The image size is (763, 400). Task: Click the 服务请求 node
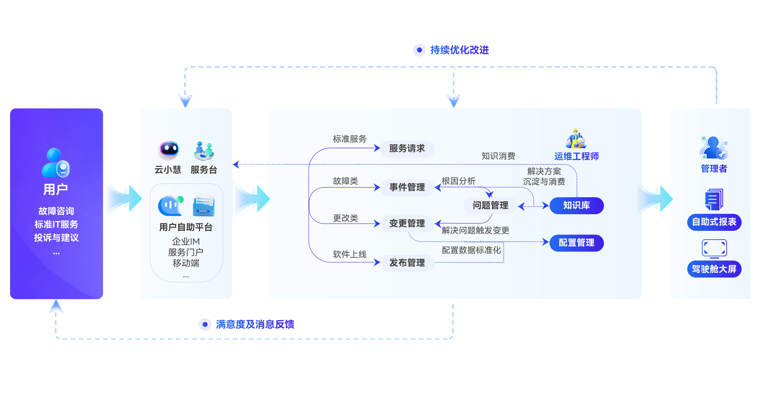point(407,148)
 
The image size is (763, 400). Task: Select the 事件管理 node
point(407,187)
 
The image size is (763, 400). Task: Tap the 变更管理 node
point(407,223)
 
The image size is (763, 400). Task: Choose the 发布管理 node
point(407,263)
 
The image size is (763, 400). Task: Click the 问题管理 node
point(490,206)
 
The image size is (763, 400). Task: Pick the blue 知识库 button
point(576,206)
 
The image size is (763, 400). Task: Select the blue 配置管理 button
point(576,243)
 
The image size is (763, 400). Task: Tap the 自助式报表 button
point(714,222)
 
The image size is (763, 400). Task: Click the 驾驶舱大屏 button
point(714,269)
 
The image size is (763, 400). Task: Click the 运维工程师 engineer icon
point(576,139)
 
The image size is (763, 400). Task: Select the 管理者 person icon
point(713,148)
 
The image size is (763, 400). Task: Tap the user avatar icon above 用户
point(55,163)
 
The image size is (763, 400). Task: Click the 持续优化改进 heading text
point(459,50)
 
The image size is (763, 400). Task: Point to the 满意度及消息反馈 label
point(255,324)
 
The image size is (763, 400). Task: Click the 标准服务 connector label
point(349,139)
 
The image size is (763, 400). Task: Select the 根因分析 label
point(458,181)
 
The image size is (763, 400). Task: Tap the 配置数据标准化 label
point(471,250)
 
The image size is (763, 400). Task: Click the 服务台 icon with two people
point(204,151)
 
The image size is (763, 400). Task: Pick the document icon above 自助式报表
point(714,199)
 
